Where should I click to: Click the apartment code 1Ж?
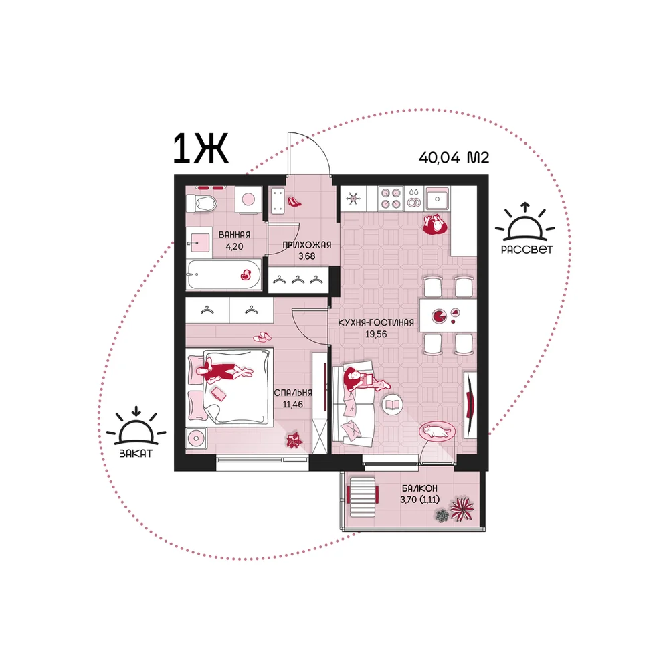pos(201,149)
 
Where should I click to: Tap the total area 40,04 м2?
pos(454,157)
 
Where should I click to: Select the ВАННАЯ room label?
pos(234,235)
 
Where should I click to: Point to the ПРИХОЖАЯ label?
pos(307,245)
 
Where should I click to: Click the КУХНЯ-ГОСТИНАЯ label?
pos(376,322)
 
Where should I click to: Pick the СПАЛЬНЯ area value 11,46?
pos(293,405)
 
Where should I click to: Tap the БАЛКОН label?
pos(419,488)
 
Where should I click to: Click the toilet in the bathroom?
pos(201,203)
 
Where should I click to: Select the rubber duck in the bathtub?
pos(246,275)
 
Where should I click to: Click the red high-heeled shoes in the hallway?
pos(294,201)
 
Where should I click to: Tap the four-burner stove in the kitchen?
pos(391,199)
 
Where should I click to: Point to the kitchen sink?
pos(437,199)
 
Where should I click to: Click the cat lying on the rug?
pos(436,432)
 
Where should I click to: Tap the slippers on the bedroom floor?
pos(262,337)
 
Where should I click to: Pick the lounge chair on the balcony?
pos(363,496)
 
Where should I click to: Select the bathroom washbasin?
pos(199,242)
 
